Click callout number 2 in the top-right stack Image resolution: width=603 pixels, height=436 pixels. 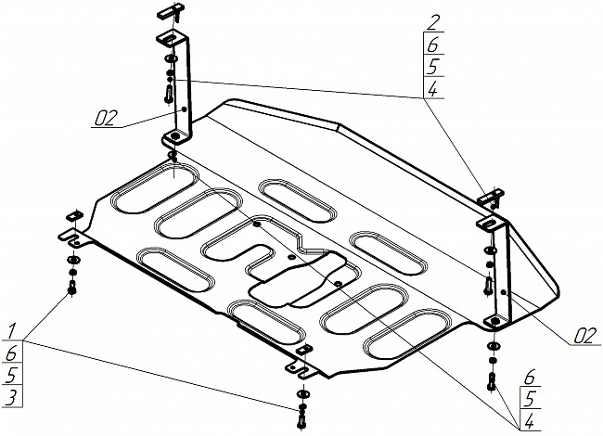tap(433, 22)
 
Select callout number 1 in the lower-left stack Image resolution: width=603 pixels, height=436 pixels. tap(11, 331)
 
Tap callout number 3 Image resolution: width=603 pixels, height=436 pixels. tap(11, 397)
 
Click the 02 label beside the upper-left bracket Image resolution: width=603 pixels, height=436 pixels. tap(104, 117)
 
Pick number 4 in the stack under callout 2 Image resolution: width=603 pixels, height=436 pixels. tap(433, 89)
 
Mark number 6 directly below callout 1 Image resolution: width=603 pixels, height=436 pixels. tap(11, 353)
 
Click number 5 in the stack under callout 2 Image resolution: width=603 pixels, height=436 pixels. tap(433, 67)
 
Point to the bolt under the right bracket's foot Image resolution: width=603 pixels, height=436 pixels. tap(492, 381)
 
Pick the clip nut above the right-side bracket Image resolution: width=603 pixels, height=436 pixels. tap(489, 197)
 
